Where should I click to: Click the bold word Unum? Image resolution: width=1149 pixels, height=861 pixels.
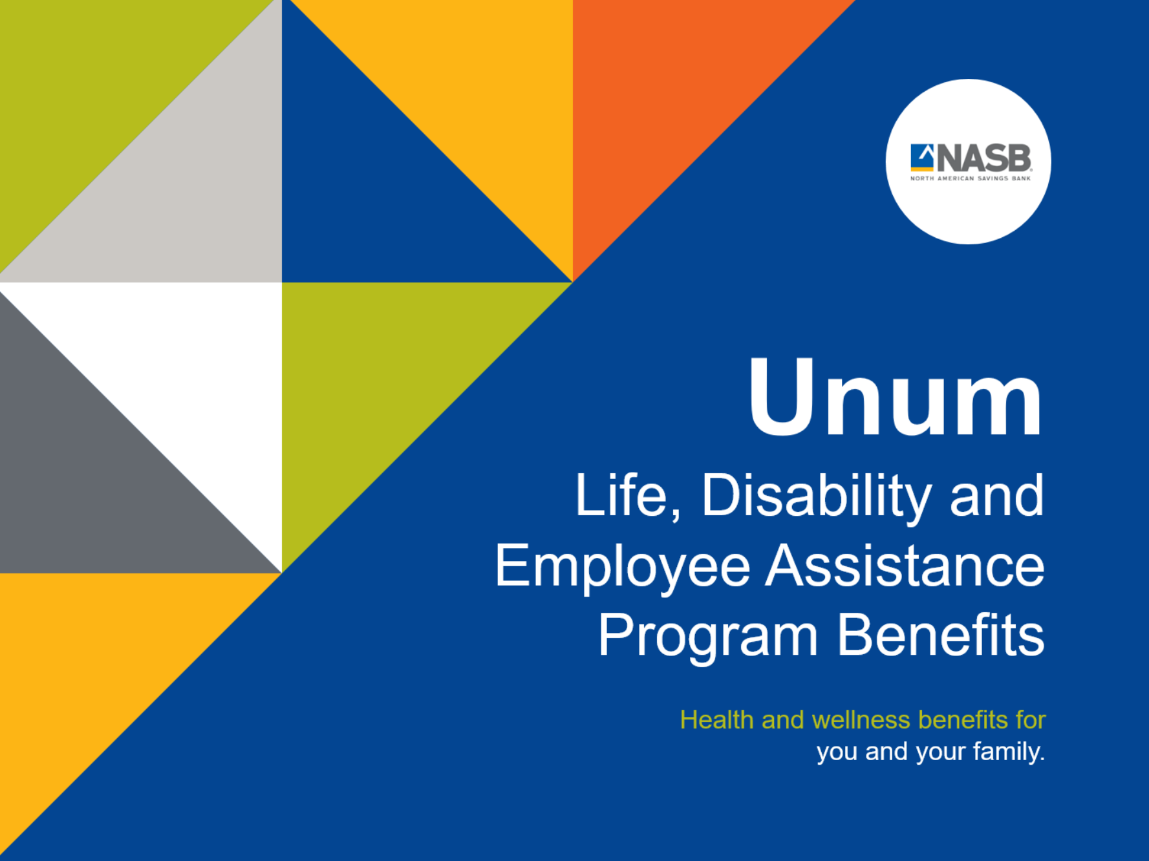pyautogui.click(x=896, y=397)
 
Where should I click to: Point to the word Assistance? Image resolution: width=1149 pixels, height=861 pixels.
pyautogui.click(x=905, y=566)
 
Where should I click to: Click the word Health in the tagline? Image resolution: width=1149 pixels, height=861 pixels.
pyautogui.click(x=716, y=720)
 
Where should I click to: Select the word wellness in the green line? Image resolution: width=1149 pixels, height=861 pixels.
pyautogui.click(x=861, y=720)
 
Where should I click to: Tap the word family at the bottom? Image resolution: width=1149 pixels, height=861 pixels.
pyautogui.click(x=1009, y=752)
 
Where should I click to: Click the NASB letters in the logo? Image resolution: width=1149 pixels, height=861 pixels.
pyautogui.click(x=983, y=158)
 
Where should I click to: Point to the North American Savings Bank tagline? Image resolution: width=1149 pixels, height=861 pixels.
pyautogui.click(x=970, y=178)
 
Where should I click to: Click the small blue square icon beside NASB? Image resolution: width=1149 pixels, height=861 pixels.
pyautogui.click(x=922, y=157)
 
